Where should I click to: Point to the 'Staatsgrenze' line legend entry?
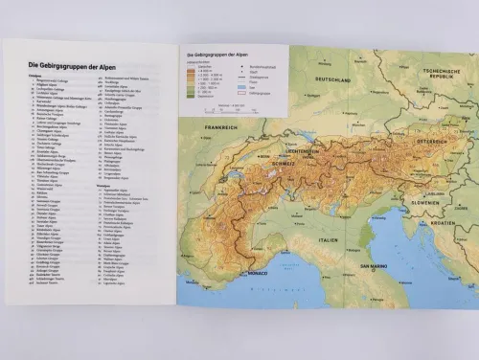[242, 79]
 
